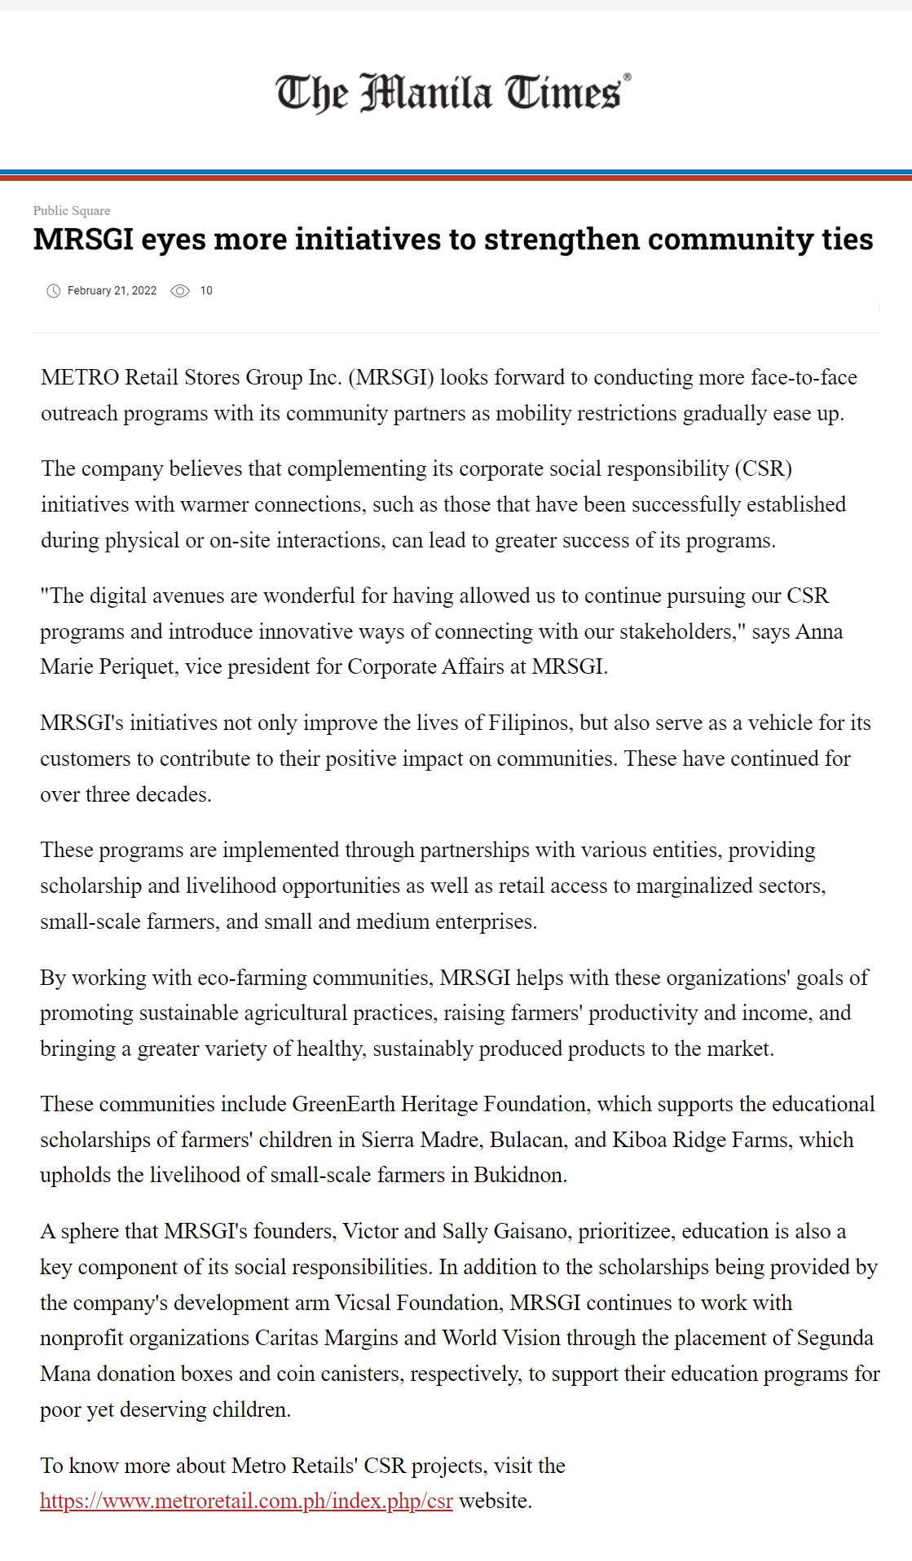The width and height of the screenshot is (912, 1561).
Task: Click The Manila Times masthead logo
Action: [x=453, y=93]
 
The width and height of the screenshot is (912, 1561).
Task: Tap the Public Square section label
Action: [x=72, y=210]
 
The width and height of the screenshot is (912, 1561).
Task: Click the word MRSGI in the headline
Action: [x=82, y=240]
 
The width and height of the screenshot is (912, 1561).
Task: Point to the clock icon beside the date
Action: [x=54, y=291]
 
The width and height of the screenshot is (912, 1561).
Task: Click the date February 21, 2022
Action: [x=112, y=291]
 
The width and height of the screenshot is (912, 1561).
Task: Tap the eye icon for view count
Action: [x=180, y=291]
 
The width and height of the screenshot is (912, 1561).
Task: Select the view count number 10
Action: [x=206, y=291]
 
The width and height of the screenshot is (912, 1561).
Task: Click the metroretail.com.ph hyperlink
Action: [x=246, y=1501]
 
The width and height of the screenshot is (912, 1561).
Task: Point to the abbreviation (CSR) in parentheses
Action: [x=763, y=468]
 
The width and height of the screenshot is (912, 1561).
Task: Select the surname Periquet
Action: [x=137, y=666]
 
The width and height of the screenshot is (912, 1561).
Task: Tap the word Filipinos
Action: [x=527, y=723]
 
